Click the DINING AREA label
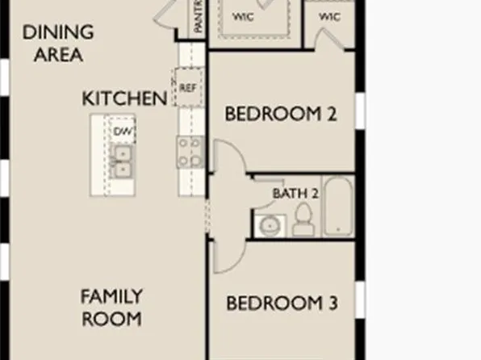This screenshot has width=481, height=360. point(57,44)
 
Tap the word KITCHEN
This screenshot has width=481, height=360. point(124,98)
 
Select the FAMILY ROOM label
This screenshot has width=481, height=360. point(111,308)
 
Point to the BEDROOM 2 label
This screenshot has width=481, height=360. point(280,115)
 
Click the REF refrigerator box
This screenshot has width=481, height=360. point(186,87)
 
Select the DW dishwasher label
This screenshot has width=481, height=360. point(123,132)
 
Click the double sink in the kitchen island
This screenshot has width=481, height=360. point(123,161)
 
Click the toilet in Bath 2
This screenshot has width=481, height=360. point(303,220)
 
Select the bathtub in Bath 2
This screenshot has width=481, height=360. point(337,208)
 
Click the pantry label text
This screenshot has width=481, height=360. point(198,18)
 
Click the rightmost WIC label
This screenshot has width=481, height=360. point(329,16)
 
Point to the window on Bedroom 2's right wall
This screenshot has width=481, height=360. point(360,111)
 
